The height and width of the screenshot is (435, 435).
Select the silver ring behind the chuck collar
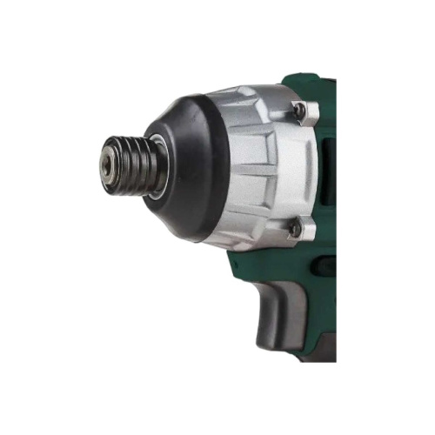coord(157,165)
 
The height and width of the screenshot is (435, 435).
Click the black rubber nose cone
coord(196,165)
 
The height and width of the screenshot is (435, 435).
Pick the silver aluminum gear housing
coord(261,165)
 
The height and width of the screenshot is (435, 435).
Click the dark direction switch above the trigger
coord(324,265)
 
